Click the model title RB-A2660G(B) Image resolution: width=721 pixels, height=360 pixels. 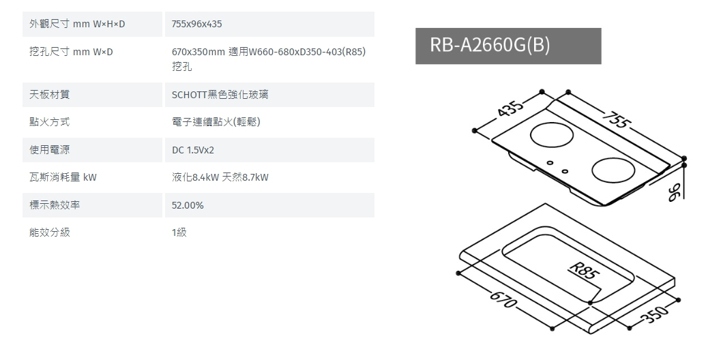coord(490,46)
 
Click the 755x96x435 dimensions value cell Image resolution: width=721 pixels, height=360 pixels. coord(197,25)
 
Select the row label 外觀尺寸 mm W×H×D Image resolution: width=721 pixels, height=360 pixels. coord(78,25)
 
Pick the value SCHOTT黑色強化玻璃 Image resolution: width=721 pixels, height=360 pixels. coord(220,95)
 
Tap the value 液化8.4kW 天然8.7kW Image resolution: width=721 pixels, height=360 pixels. coord(220,178)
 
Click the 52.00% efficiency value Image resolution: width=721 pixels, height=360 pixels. coord(188,205)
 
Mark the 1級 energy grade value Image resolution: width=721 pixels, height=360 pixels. coord(179,232)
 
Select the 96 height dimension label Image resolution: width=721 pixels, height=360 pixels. coord(675,193)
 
